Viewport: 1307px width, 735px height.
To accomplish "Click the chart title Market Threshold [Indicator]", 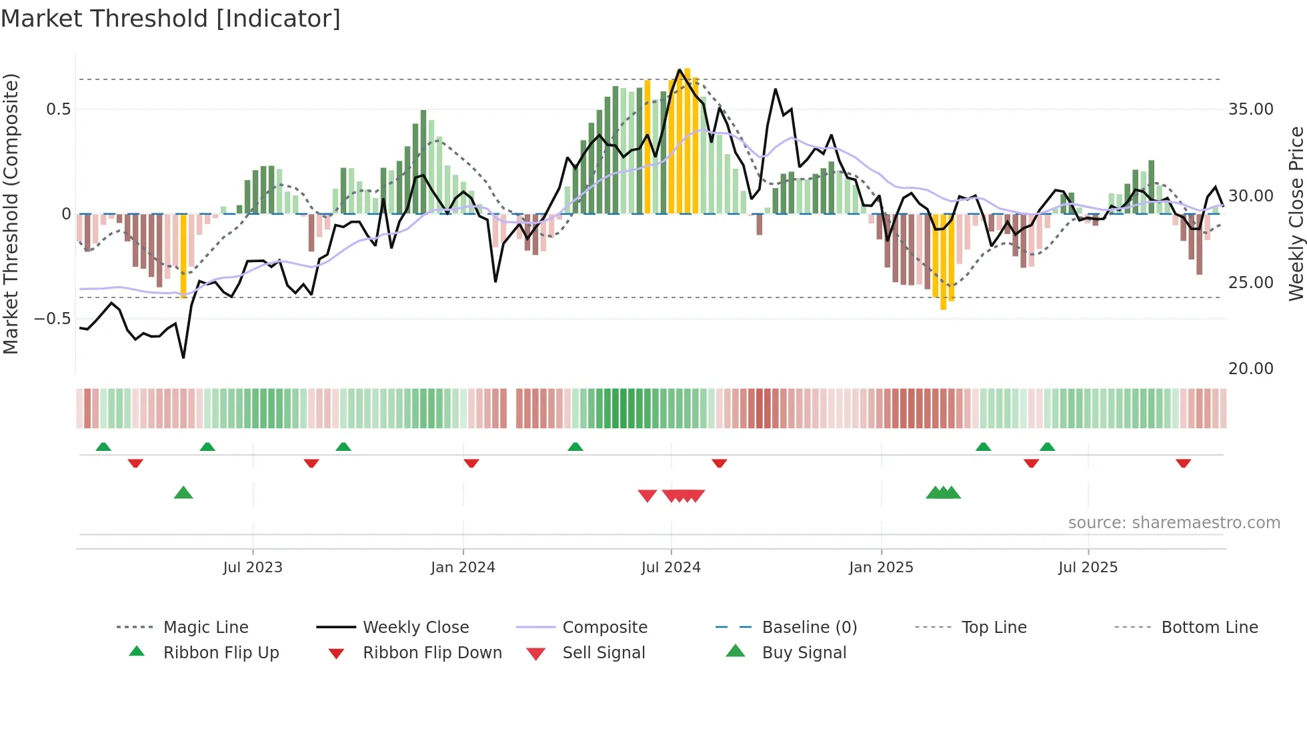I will click(x=171, y=19).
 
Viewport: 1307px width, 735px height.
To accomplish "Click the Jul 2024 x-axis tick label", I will click(x=671, y=568).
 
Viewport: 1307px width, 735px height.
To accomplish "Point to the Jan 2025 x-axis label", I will click(x=881, y=568).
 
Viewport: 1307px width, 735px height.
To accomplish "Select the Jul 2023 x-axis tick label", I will click(x=253, y=568).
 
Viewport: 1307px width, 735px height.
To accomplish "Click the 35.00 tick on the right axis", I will click(x=1250, y=109).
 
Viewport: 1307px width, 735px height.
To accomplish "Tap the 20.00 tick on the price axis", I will click(x=1250, y=369).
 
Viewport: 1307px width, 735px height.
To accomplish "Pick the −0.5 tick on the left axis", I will click(x=52, y=319).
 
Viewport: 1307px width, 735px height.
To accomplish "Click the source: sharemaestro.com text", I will click(x=1174, y=523).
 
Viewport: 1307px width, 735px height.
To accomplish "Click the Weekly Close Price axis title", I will click(x=1296, y=213).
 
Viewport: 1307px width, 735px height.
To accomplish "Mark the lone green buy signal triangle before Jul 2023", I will click(x=183, y=493).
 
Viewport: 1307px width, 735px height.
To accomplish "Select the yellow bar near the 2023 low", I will click(x=183, y=256).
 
